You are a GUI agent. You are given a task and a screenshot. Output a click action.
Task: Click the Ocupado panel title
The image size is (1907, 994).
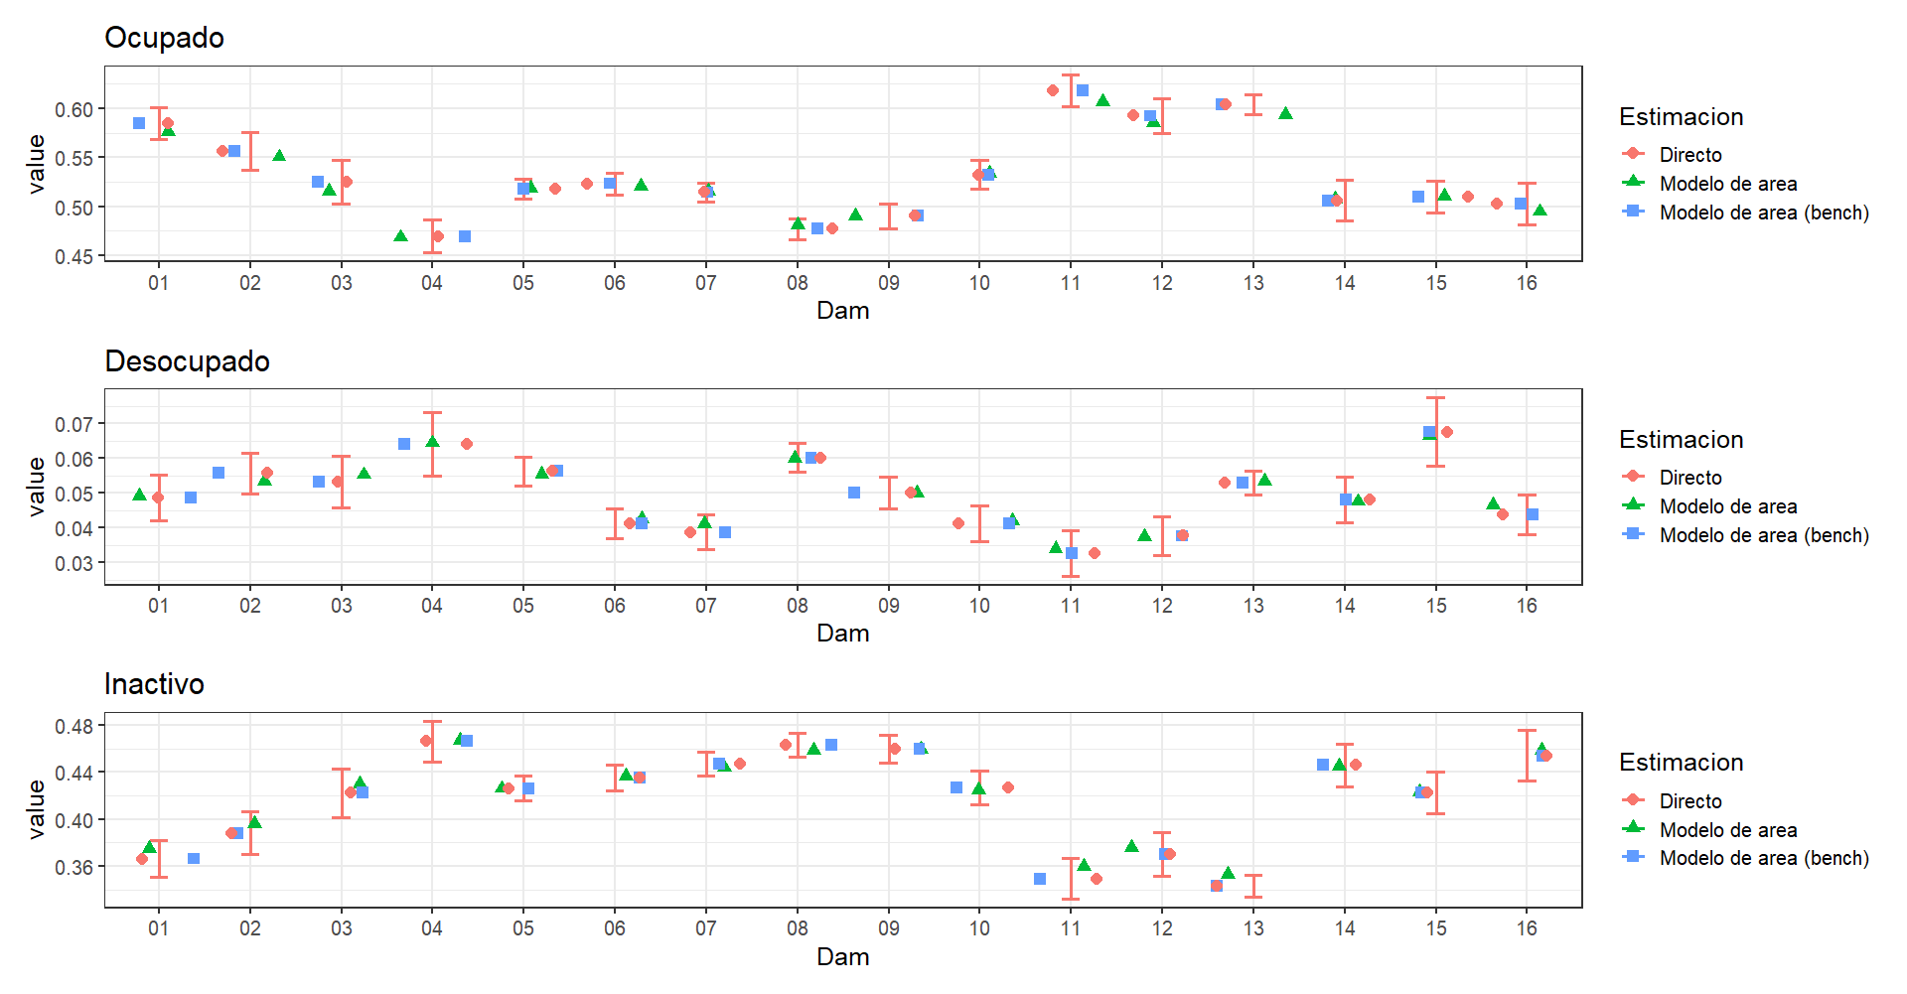click(x=164, y=38)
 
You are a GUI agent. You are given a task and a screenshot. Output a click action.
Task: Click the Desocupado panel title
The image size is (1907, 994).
click(x=187, y=361)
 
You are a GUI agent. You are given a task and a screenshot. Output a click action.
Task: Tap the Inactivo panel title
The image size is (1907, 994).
click(x=154, y=684)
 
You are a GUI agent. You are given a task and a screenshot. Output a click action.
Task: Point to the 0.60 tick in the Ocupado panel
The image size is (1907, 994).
click(x=73, y=109)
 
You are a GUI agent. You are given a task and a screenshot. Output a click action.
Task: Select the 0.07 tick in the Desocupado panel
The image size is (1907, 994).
click(x=73, y=424)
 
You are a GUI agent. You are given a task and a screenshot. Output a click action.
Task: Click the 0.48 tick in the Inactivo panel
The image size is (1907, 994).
click(x=73, y=726)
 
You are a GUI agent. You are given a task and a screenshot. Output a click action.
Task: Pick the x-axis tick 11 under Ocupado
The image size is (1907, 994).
click(x=1071, y=283)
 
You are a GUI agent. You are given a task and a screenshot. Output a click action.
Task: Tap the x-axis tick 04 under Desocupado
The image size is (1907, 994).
click(x=432, y=606)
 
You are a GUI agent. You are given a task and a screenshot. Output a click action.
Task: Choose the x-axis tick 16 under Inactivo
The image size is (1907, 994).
click(x=1527, y=928)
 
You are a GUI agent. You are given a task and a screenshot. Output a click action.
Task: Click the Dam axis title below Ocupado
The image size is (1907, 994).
click(x=842, y=311)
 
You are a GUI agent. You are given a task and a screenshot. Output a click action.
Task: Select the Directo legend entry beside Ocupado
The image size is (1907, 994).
click(x=1689, y=155)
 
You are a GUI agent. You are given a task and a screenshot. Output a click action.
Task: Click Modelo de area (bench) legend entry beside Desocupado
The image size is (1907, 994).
click(x=1763, y=535)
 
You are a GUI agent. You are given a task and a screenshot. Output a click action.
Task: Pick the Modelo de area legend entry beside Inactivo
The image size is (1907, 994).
click(x=1727, y=830)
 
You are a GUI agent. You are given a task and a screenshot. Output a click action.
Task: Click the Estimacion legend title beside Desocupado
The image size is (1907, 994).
click(x=1681, y=440)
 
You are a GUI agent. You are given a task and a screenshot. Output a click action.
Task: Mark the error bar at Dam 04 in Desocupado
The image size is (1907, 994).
click(x=432, y=444)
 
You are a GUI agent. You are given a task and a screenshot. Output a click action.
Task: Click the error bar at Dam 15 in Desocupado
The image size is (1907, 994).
click(x=1435, y=432)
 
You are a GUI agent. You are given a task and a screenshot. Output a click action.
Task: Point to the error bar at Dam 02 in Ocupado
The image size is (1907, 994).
click(x=250, y=151)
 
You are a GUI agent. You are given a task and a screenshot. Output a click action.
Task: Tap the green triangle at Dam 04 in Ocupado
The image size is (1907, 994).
click(x=400, y=236)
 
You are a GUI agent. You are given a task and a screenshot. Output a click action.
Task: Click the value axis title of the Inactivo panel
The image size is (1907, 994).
click(x=37, y=809)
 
